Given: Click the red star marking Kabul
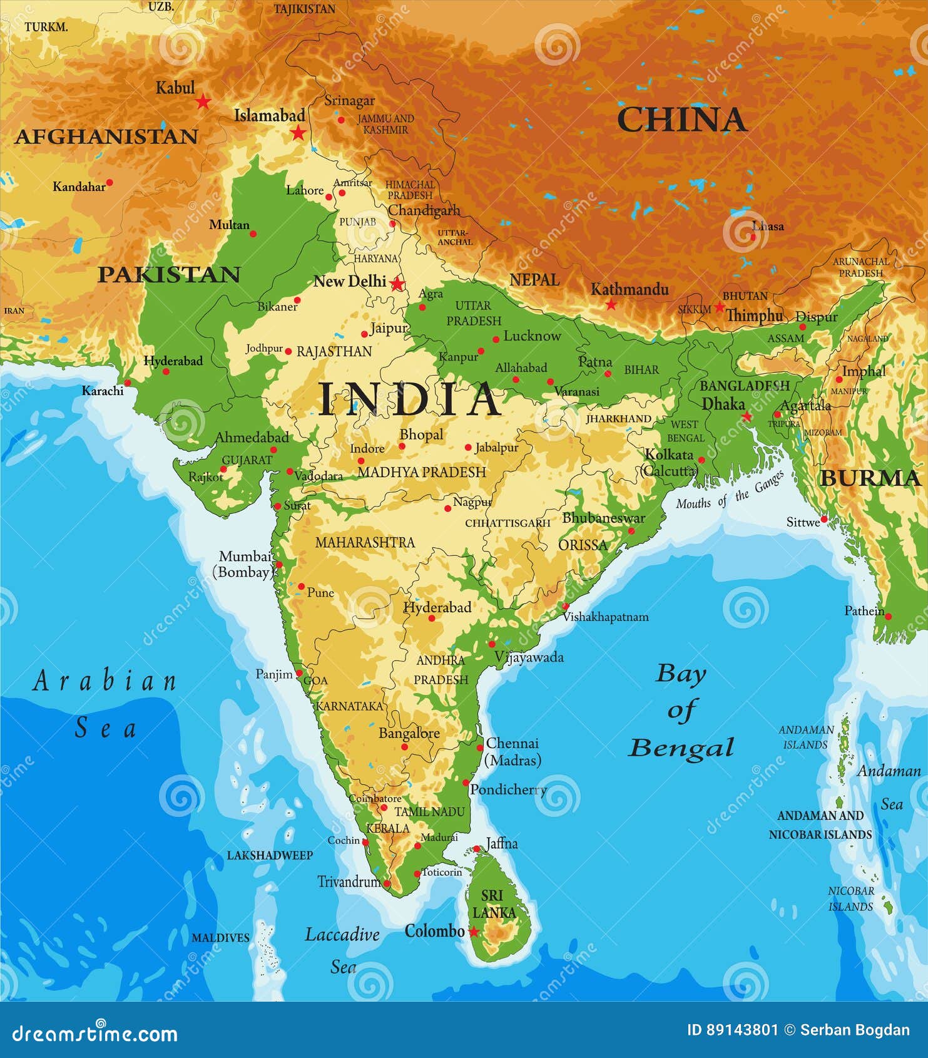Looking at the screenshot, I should click(x=203, y=101).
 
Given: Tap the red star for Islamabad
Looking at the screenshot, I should click(x=298, y=133).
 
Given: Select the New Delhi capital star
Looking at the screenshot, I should click(x=397, y=284).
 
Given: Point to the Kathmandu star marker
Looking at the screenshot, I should click(x=611, y=305).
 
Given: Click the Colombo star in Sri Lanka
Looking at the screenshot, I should click(x=474, y=932).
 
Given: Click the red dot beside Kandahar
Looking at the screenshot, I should click(x=110, y=183).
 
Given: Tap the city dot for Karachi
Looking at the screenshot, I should click(x=128, y=383).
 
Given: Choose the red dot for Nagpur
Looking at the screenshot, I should click(x=448, y=508).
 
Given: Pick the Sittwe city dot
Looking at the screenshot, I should click(x=824, y=519).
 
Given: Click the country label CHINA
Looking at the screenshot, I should click(x=681, y=120).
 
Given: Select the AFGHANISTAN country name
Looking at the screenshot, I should click(x=106, y=136).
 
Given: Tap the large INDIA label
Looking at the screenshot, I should click(x=409, y=399).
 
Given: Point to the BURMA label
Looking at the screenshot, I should click(x=870, y=478).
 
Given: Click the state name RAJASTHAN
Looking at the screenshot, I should click(x=334, y=352).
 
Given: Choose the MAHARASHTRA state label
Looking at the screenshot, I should click(x=365, y=543).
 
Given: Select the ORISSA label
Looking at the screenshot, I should click(x=583, y=545).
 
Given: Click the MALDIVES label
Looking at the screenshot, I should click(x=220, y=938).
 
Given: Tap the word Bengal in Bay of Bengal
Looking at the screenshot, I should click(x=681, y=747).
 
